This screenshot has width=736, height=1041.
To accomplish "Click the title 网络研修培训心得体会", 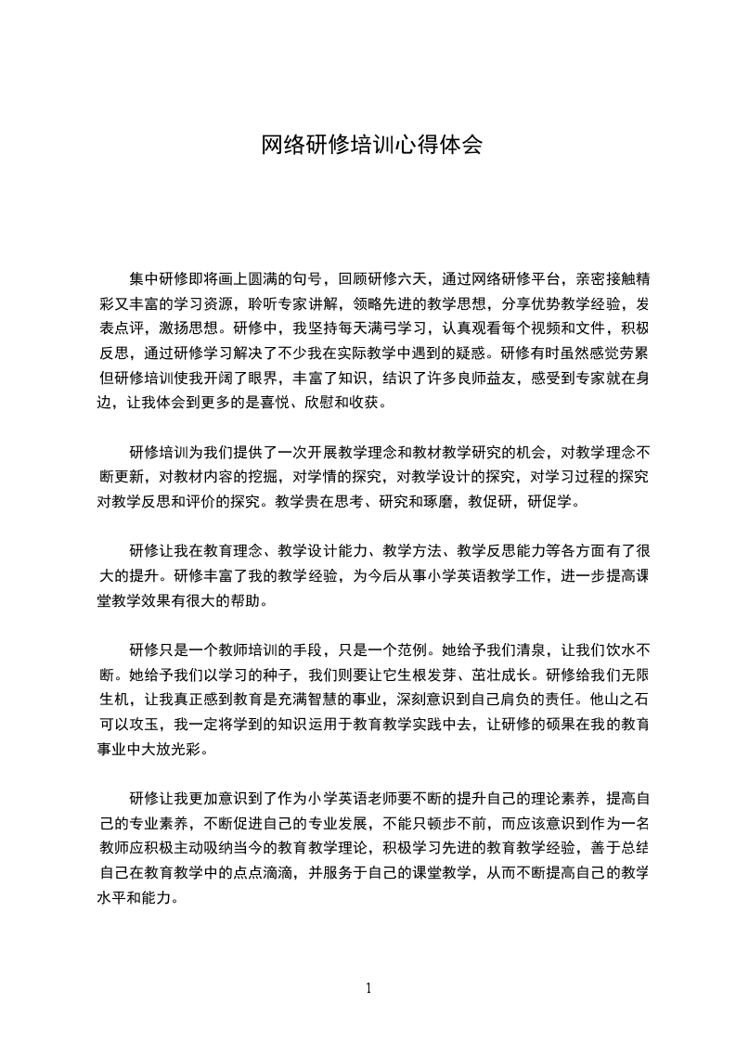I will (371, 146).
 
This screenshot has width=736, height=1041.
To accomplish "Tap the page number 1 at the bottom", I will (368, 987).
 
